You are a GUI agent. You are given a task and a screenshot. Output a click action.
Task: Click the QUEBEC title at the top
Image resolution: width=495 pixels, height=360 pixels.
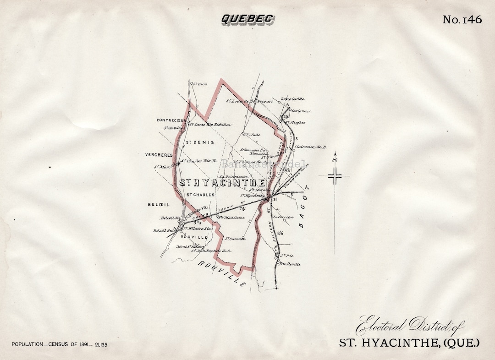pos(247,19)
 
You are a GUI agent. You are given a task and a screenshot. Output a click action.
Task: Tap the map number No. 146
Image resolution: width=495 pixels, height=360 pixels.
pos(462,20)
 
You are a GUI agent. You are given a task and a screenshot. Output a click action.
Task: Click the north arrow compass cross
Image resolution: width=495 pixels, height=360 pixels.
pos(335,176)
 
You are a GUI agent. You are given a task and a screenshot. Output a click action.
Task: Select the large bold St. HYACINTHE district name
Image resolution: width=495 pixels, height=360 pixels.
pos(222,183)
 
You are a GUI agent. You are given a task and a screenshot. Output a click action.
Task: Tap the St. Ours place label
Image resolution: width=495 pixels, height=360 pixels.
pos(200,84)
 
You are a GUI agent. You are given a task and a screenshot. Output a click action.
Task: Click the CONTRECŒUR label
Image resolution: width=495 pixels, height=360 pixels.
pos(170,120)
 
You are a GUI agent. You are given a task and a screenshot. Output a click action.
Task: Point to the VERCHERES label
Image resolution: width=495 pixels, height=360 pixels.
pos(159,155)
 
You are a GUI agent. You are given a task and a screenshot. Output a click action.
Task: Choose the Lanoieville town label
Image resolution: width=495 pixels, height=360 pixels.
pos(292,99)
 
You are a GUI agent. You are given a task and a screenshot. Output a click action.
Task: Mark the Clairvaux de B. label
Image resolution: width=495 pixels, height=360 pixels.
pos(310,147)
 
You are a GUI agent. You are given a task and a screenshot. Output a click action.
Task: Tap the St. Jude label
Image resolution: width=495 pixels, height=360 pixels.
pos(252,135)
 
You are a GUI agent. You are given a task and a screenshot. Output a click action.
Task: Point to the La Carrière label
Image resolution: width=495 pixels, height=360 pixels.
pos(283,217)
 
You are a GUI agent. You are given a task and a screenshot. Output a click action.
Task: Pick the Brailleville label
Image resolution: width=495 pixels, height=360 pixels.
pos(290,264)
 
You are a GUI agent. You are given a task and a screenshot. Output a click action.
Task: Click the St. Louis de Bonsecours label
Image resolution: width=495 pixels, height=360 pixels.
pos(250,101)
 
